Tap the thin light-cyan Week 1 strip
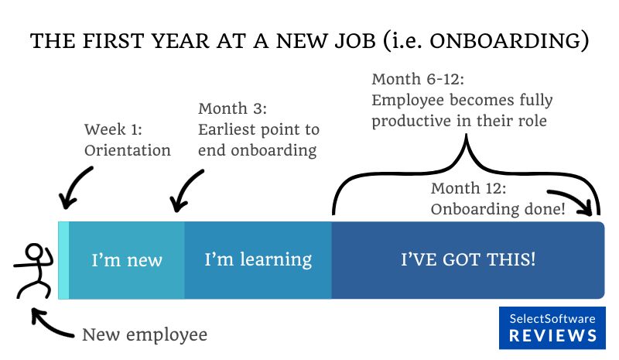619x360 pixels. pyautogui.click(x=63, y=259)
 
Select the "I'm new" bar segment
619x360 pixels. pyautogui.click(x=127, y=259)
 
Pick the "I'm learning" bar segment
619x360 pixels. pyautogui.click(x=258, y=259)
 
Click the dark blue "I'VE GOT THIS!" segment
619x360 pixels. pyautogui.click(x=467, y=259)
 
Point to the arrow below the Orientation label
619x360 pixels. pyautogui.click(x=76, y=190)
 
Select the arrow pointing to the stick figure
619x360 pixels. pyautogui.click(x=50, y=325)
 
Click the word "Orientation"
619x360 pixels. pyautogui.click(x=127, y=150)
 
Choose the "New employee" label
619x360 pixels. pyautogui.click(x=145, y=334)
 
